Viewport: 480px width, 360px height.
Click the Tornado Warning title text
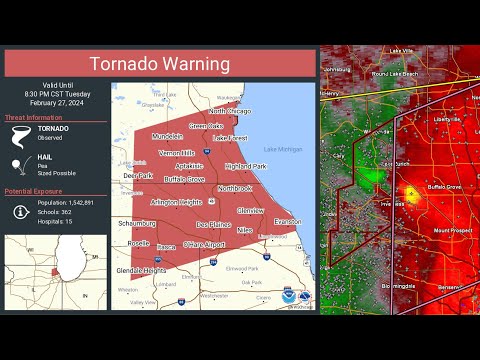pyautogui.click(x=160, y=64)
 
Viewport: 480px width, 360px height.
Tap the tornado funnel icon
pyautogui.click(x=20, y=135)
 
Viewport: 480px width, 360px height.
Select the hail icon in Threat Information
pyautogui.click(x=20, y=164)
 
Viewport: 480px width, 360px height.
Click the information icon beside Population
pyautogui.click(x=20, y=211)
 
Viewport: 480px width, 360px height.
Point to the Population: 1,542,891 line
pyautogui.click(x=67, y=203)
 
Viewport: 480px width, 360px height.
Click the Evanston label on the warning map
pyautogui.click(x=288, y=221)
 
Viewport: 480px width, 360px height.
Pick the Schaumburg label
pyautogui.click(x=136, y=224)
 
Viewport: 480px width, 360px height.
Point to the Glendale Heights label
pyautogui.click(x=141, y=270)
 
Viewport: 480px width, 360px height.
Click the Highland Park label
pyautogui.click(x=246, y=166)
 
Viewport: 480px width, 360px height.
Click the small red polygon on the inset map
pyautogui.click(x=54, y=271)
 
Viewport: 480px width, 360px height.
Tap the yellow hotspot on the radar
pyautogui.click(x=410, y=194)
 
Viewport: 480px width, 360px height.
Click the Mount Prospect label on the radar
pyautogui.click(x=453, y=230)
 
